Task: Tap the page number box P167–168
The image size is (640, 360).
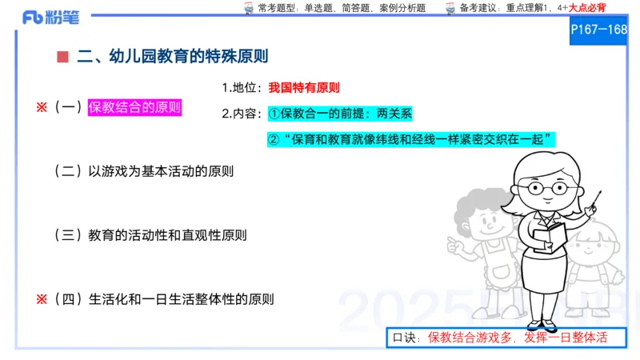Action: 598,30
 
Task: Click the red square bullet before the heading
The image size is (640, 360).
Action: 62,57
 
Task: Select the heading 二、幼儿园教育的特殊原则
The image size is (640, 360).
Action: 172,57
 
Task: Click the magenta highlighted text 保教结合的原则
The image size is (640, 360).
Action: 134,107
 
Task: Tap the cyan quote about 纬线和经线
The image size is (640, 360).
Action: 411,139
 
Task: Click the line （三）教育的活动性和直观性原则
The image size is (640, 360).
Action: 150,235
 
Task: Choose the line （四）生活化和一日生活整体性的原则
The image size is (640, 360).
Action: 164,299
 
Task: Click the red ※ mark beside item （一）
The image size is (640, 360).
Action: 42,107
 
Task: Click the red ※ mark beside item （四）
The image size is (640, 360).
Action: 42,299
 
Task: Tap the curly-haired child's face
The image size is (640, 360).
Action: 480,220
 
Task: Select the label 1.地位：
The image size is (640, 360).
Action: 242,88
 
